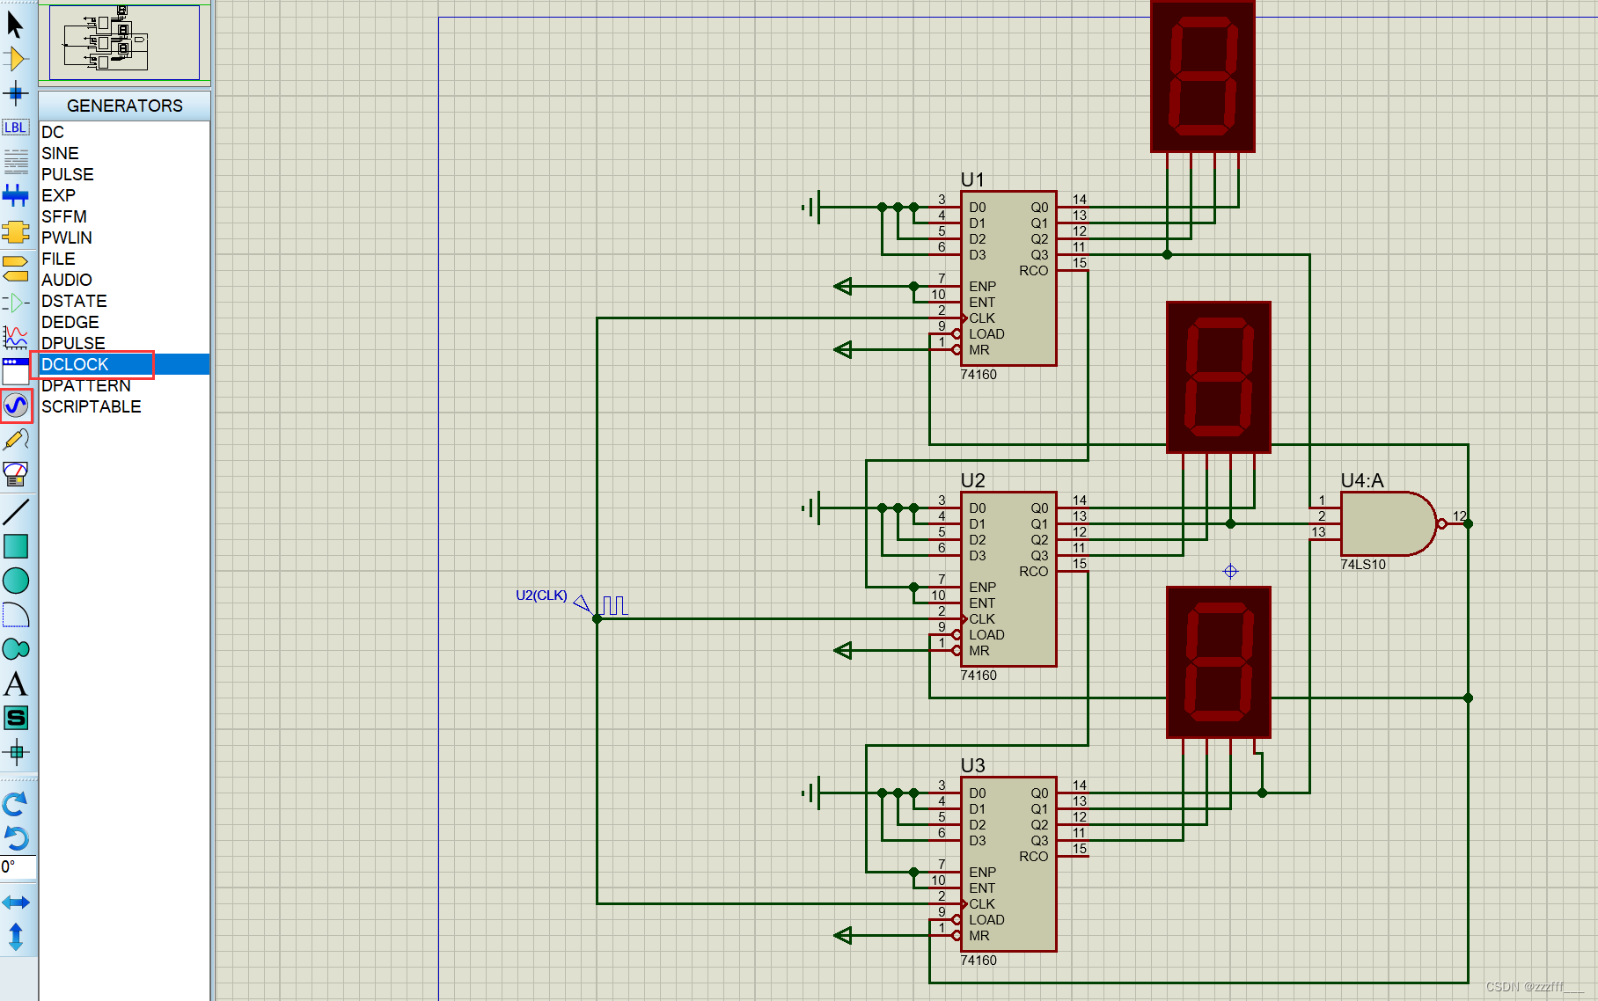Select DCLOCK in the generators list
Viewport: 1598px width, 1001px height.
(x=76, y=364)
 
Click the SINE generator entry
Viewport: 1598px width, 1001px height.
(x=60, y=153)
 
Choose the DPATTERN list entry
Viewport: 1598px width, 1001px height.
(x=86, y=385)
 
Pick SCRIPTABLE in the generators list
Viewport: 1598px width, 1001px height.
(x=91, y=406)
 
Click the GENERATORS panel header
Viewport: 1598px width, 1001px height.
(x=124, y=106)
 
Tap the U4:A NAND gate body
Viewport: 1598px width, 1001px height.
(x=1383, y=523)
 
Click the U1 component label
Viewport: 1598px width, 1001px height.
(x=972, y=179)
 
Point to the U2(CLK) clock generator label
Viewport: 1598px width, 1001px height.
(x=541, y=595)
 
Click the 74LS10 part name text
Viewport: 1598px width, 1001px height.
(x=1362, y=565)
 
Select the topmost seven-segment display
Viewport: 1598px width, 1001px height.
(x=1202, y=77)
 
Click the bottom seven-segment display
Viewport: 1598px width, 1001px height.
(x=1218, y=661)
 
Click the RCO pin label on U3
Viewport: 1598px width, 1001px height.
(x=1033, y=856)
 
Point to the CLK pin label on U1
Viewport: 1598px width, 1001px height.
(x=982, y=318)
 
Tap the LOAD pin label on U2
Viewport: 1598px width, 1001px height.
(x=986, y=635)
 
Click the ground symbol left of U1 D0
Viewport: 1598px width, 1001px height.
(x=813, y=208)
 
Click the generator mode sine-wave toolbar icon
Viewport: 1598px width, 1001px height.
(x=16, y=406)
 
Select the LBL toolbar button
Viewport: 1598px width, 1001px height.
(x=15, y=128)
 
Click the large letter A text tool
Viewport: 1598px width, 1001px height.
(x=16, y=684)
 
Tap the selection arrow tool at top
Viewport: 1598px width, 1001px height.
(x=15, y=24)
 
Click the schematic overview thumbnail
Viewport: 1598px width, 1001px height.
(x=124, y=42)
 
